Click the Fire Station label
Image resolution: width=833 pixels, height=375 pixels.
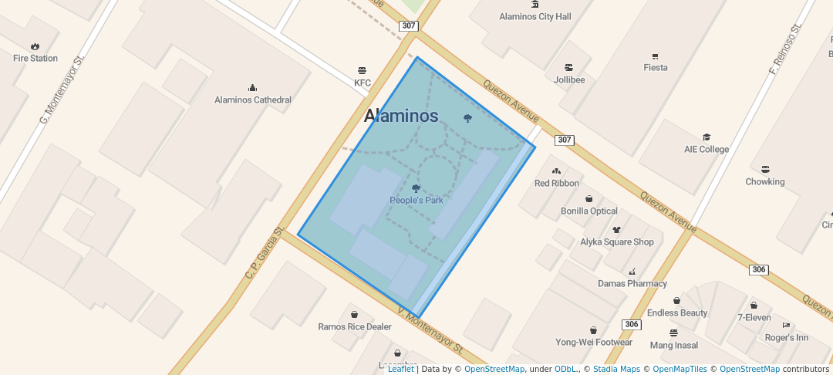click(x=35, y=58)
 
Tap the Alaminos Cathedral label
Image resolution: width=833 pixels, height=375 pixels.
click(x=252, y=100)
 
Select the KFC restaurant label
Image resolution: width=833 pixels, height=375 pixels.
click(x=363, y=83)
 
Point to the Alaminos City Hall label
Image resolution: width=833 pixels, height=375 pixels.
click(x=535, y=16)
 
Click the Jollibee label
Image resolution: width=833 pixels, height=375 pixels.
click(x=569, y=79)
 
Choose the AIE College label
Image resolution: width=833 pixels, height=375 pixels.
click(x=706, y=149)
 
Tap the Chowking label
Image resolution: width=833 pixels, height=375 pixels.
click(x=764, y=181)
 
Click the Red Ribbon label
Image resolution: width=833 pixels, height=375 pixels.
click(x=556, y=183)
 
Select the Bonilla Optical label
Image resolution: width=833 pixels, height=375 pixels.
click(x=588, y=211)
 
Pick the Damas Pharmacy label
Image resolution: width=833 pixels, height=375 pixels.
click(x=632, y=283)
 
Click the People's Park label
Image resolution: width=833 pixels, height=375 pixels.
click(x=416, y=200)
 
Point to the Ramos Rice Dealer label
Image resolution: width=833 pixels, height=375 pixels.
click(x=354, y=326)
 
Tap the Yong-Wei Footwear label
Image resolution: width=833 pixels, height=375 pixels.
click(x=593, y=342)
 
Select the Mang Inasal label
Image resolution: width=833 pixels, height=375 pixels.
click(x=673, y=345)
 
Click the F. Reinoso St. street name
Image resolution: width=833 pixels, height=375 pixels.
click(x=786, y=48)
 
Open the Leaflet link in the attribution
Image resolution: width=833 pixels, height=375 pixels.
click(x=400, y=369)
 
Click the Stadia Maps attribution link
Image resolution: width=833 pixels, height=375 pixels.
click(x=615, y=369)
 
